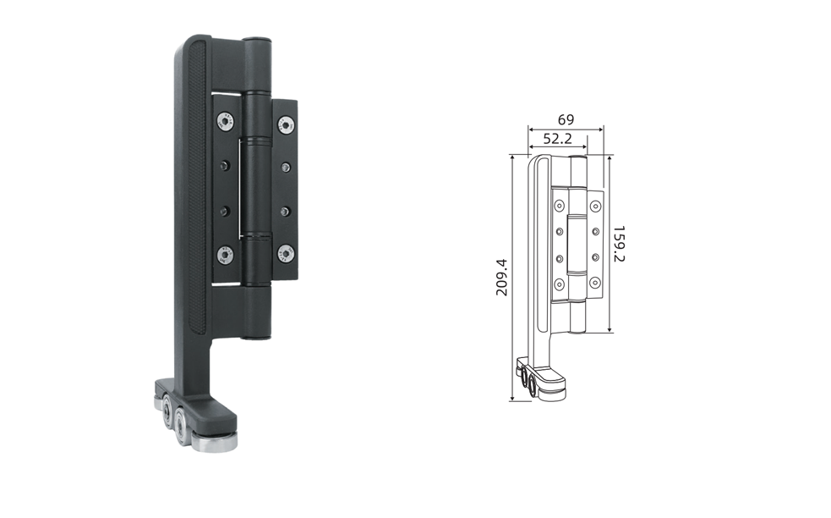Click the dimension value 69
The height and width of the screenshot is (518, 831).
coord(566,120)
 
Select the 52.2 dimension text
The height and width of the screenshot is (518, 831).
coord(558,139)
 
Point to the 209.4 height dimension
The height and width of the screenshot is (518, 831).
coord(502,277)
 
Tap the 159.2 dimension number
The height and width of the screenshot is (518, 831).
coord(619,244)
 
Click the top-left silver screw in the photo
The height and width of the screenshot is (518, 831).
coord(226,121)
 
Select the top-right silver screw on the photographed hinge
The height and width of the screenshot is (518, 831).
coord(287,125)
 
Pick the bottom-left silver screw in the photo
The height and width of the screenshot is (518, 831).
coord(225,255)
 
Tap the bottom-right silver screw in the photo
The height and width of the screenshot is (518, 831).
coord(287,253)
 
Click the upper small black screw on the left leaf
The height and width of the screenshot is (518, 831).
coord(226,165)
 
